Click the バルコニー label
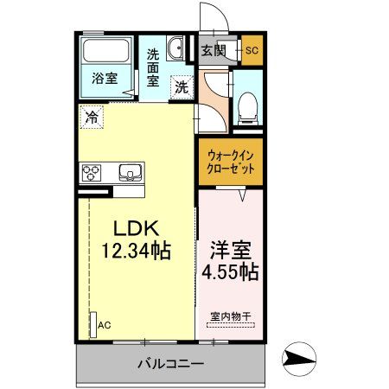click(170, 364)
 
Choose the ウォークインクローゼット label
click(230, 162)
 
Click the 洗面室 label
click(152, 67)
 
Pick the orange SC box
click(252, 49)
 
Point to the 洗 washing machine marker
click(181, 86)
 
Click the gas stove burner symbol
click(91, 171)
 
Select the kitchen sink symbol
click(129, 170)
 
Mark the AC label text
click(105, 325)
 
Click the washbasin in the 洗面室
click(175, 49)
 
